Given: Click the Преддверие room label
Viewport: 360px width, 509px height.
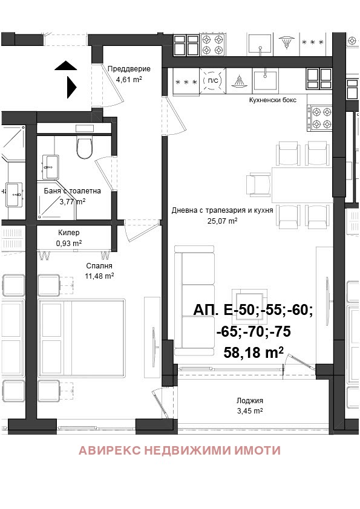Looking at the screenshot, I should click(129, 69).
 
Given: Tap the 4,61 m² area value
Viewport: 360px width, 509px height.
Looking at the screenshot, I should click(129, 79).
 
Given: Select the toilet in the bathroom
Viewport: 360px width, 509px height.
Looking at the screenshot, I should click(84, 147).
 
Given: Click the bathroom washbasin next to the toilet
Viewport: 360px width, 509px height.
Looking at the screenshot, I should click(51, 163).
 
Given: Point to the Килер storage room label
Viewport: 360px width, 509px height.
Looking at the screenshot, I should click(68, 233).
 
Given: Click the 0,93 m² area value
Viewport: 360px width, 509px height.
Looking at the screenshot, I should click(68, 243).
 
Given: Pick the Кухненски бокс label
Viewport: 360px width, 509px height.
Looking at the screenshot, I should click(272, 100).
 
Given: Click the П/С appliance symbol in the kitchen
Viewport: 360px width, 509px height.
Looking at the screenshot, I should click(212, 81).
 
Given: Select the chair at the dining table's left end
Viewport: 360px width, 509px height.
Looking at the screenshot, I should click(258, 184).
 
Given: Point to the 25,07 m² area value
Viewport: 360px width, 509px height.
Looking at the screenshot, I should click(222, 221).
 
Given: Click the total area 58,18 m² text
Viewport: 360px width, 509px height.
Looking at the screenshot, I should click(254, 353).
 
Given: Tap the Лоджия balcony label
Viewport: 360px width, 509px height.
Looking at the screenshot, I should click(249, 400).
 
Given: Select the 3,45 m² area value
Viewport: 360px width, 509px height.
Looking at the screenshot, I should click(249, 410).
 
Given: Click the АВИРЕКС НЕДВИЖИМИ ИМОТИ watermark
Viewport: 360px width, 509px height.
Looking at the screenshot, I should click(180, 450).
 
